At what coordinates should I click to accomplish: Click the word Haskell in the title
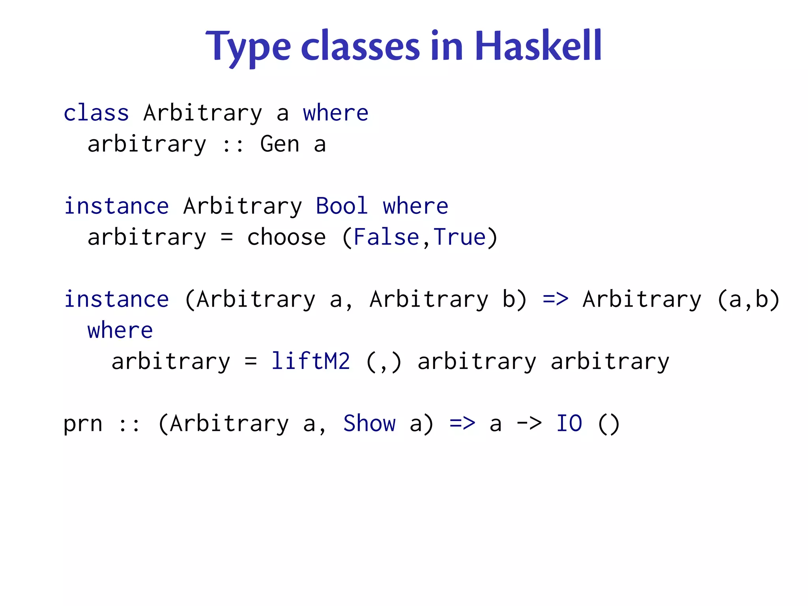coord(538,47)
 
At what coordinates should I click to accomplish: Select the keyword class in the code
coord(96,113)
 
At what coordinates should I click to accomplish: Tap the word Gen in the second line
coord(280,144)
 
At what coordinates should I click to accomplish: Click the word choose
coord(286,238)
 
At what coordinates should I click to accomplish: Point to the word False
coord(386,238)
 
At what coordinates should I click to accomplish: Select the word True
coord(460,238)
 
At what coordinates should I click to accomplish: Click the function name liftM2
coord(310,361)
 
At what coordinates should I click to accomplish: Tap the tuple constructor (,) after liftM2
coord(383,362)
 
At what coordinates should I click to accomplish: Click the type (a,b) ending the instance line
coord(748,299)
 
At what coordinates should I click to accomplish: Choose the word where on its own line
coord(120,331)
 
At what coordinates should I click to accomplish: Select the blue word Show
coord(369,424)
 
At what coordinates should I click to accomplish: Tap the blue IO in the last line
coord(569,424)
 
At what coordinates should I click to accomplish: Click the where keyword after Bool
coord(415,206)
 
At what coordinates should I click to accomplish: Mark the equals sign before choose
coord(227,238)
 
